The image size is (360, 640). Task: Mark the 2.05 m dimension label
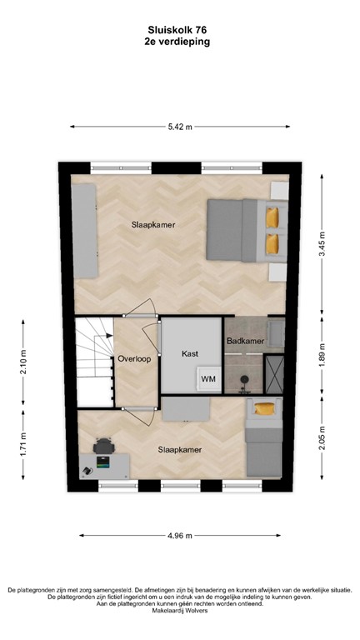pos(324,448)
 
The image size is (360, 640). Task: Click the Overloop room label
pos(133,360)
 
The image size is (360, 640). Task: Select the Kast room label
pos(190,354)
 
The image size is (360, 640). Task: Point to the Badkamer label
pos(245,341)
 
